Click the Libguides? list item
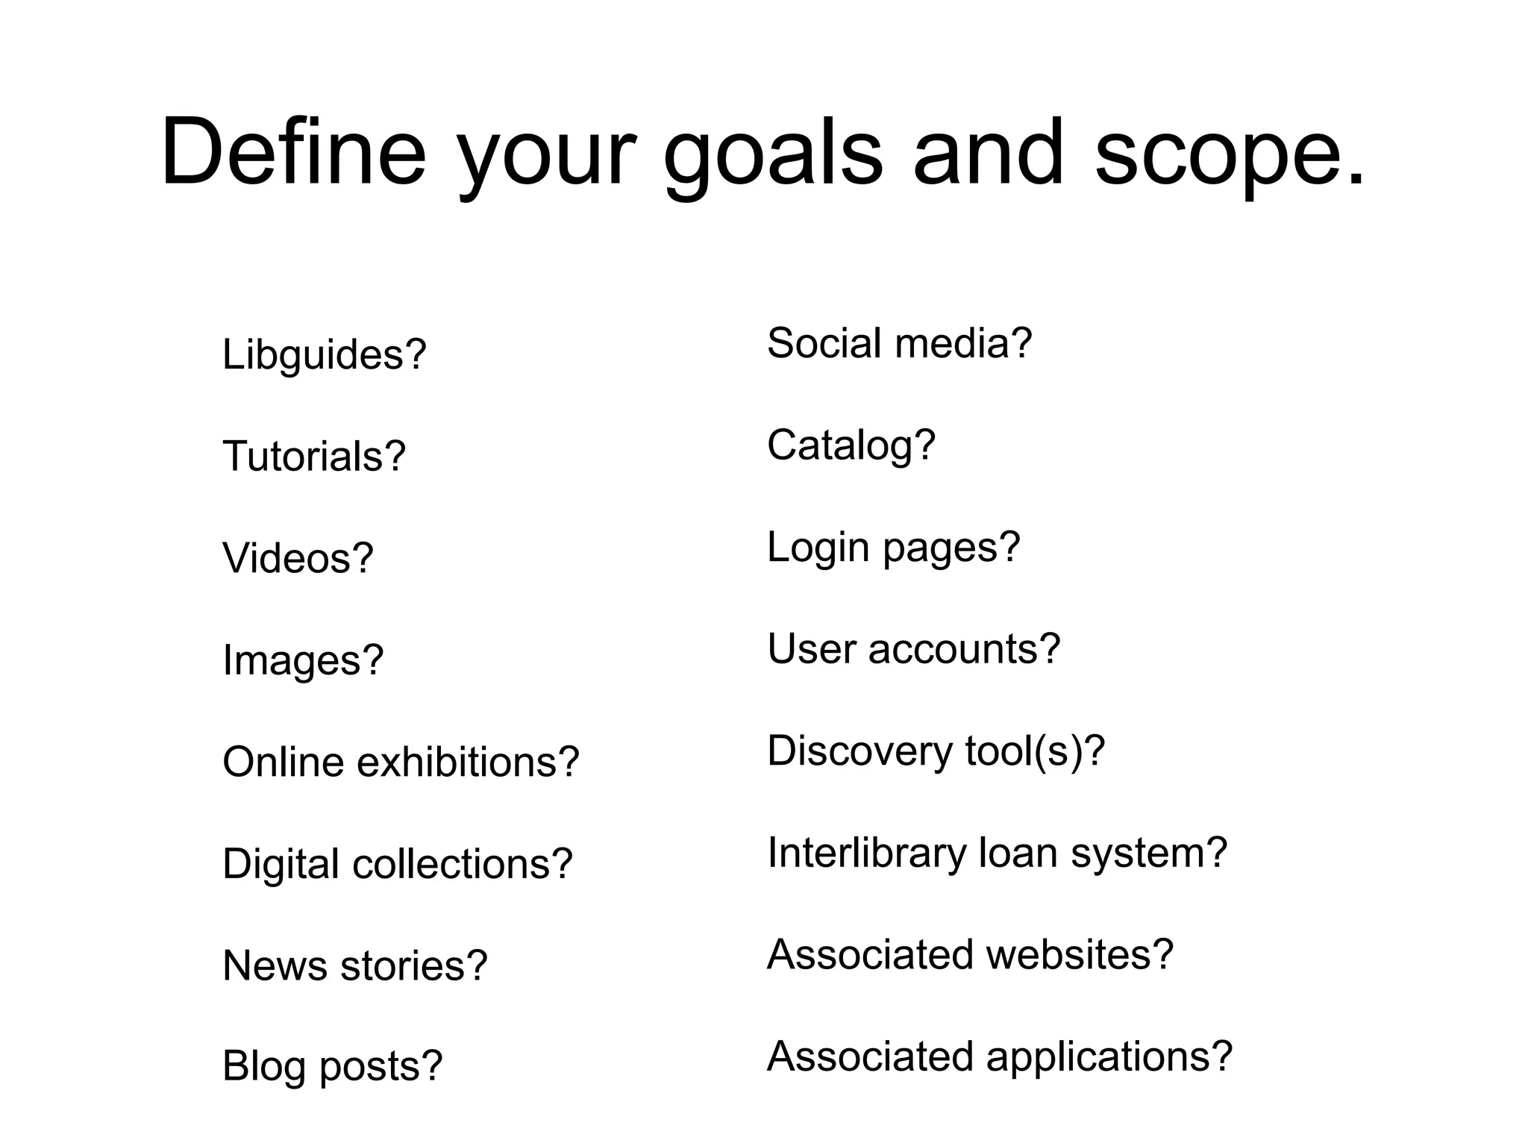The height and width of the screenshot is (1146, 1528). tap(324, 354)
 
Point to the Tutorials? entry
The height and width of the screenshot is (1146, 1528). tap(313, 456)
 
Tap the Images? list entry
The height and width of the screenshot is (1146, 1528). tap(302, 660)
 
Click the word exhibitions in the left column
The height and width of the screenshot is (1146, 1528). tap(468, 762)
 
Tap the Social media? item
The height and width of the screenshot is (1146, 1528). tap(899, 343)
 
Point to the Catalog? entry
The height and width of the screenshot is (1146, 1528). tap(851, 445)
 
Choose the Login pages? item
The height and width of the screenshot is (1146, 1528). tap(893, 548)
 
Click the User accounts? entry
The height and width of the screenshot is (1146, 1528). tap(913, 648)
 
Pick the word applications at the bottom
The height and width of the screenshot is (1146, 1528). tap(1109, 1057)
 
